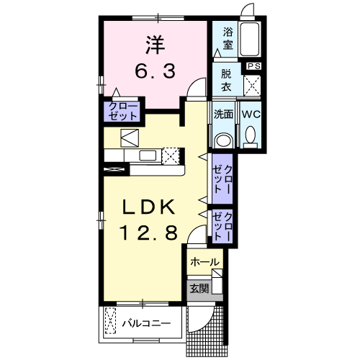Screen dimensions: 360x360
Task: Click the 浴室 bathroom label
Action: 228,38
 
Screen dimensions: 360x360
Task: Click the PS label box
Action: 253,66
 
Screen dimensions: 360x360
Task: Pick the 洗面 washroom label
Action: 224,113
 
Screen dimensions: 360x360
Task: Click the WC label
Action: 251,113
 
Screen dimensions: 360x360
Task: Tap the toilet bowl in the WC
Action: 251,134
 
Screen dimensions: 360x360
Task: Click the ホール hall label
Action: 204,263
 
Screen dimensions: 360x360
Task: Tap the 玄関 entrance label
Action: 199,289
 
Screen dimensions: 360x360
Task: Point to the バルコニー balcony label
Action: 145,323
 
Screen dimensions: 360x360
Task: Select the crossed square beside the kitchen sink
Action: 170,156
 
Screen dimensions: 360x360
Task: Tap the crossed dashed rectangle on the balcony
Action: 111,322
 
